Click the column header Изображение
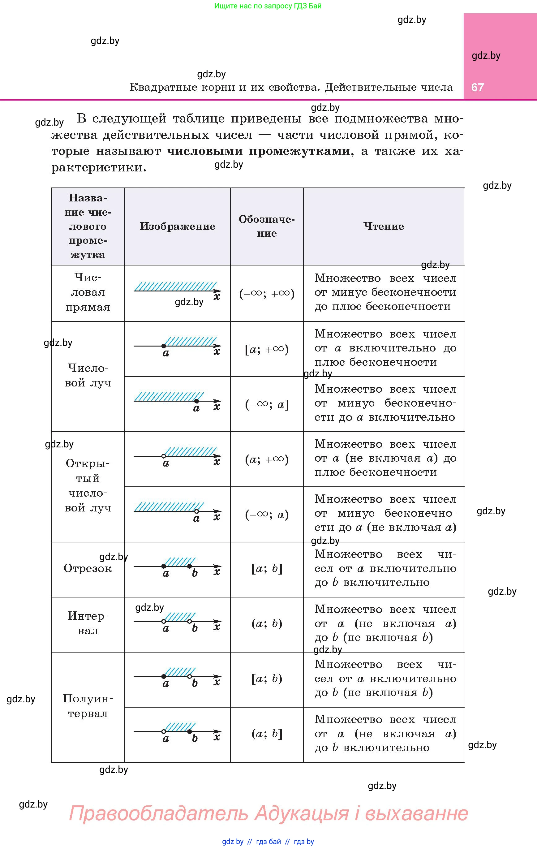click(177, 226)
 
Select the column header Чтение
click(384, 226)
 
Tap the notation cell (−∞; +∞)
click(267, 293)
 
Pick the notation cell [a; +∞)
click(267, 349)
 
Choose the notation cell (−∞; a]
click(267, 404)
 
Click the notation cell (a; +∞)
click(267, 459)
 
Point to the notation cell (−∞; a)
click(267, 515)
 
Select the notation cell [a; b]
click(267, 569)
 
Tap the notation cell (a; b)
click(267, 624)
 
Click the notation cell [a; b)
click(267, 679)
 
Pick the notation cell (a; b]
click(267, 734)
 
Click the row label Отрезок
click(88, 568)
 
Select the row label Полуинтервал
click(88, 706)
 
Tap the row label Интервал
click(88, 623)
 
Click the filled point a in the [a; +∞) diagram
click(164, 346)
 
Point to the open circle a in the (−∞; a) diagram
click(196, 511)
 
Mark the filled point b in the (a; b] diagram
click(189, 731)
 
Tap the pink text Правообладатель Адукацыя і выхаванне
click(268, 813)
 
